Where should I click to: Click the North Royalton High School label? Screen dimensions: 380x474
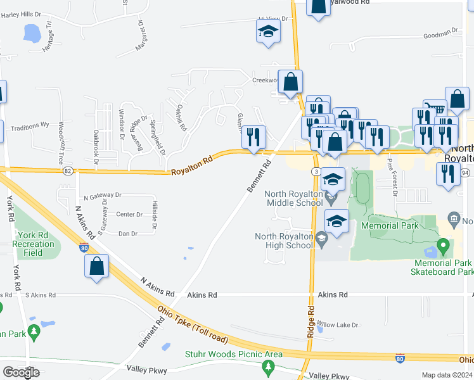pos(285,241)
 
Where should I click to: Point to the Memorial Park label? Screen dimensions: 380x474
pos(390,225)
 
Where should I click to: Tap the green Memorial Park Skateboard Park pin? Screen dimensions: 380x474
pos(444,245)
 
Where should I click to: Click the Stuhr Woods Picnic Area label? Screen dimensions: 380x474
pos(234,354)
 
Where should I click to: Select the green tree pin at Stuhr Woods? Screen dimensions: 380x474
pos(269,367)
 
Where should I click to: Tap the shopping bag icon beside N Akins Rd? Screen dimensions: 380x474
pos(96,267)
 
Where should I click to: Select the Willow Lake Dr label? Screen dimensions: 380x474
pos(338,325)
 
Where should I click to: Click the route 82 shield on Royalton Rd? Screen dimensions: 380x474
pos(68,170)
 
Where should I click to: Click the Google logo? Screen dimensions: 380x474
pos(21,372)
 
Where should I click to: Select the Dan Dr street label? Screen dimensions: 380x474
pos(128,234)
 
